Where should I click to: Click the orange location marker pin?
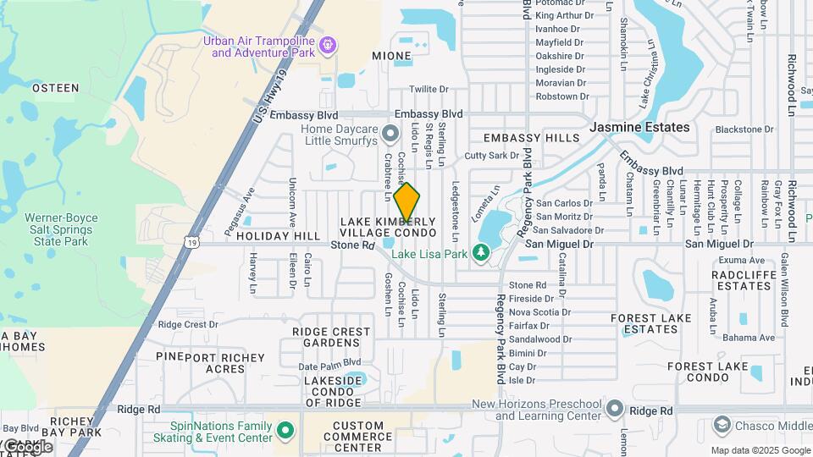(406, 202)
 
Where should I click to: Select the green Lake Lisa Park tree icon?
(481, 252)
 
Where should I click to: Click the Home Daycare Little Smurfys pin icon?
(390, 133)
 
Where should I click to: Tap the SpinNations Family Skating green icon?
(285, 431)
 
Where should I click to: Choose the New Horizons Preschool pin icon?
(615, 410)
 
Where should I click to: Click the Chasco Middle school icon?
(722, 423)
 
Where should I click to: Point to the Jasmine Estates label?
(640, 127)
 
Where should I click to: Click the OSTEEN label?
(55, 87)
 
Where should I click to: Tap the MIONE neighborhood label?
(390, 56)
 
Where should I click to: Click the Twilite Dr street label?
(429, 89)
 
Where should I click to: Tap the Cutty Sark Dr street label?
(491, 156)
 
